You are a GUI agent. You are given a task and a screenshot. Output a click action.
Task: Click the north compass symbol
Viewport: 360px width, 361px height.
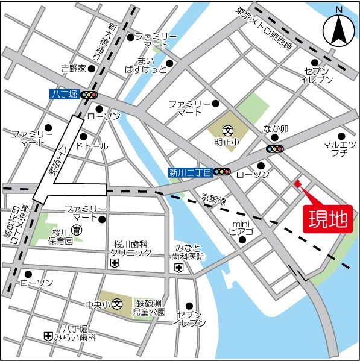pyautogui.click(x=338, y=30)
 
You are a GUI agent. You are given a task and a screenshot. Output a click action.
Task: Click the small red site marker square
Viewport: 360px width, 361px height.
pyautogui.click(x=296, y=184)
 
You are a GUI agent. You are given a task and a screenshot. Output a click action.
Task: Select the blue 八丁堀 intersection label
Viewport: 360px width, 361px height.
pyautogui.click(x=64, y=95)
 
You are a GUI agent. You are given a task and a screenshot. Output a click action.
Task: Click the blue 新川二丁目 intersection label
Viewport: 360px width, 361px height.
pyautogui.click(x=190, y=172)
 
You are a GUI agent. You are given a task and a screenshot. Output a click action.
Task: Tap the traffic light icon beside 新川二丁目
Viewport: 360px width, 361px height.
pyautogui.click(x=222, y=172)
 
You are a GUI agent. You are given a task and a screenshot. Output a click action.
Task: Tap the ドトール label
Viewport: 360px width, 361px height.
pyautogui.click(x=92, y=146)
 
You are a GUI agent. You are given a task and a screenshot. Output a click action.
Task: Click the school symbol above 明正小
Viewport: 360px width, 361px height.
pyautogui.click(x=228, y=130)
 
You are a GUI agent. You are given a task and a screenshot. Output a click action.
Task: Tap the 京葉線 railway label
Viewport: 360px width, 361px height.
pyautogui.click(x=213, y=199)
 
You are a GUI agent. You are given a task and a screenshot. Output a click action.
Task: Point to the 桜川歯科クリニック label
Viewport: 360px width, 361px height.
pyautogui.click(x=132, y=249)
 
